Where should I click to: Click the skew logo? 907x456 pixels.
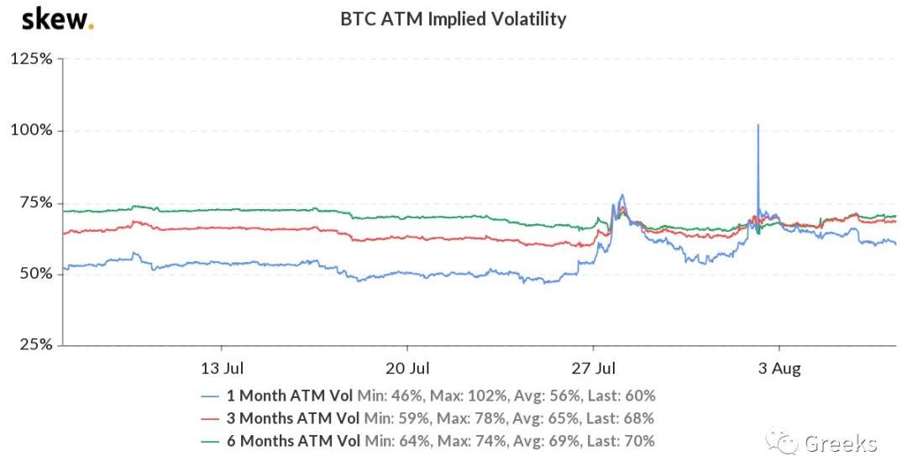coord(57,18)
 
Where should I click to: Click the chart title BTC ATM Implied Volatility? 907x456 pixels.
coord(453,18)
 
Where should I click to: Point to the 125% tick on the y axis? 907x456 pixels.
coord(31,60)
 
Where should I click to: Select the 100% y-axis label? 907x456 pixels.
coord(31,131)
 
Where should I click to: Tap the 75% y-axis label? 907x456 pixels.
coord(34,202)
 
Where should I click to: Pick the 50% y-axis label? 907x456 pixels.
coord(34,275)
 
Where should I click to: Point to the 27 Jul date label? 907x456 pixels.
coord(595,368)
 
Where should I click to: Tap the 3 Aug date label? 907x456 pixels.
coord(780,368)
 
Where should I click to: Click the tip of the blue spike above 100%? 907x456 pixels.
coord(758,125)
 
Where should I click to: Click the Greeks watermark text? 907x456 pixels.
coord(841,443)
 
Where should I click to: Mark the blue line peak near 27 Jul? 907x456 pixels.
coord(621,196)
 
